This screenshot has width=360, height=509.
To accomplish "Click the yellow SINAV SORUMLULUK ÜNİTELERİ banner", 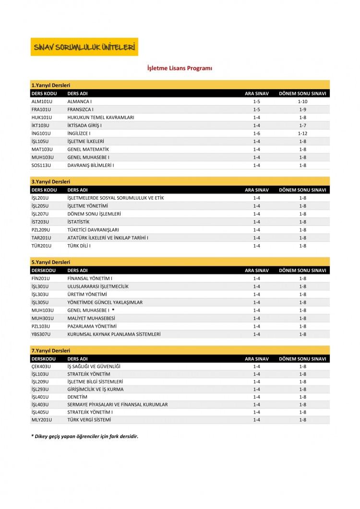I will (84, 47).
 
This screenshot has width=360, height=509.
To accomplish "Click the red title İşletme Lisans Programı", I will (180, 69).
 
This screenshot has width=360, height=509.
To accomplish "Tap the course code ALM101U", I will (41, 102).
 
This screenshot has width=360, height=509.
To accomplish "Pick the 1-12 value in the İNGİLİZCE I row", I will (302, 133).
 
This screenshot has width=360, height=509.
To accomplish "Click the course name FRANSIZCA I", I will (80, 109).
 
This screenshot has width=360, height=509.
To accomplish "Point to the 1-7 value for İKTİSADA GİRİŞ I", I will (302, 125).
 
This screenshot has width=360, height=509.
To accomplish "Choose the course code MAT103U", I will (42, 149).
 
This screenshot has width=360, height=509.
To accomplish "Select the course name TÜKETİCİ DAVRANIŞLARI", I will (93, 230).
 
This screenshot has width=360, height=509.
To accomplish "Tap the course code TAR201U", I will (42, 238).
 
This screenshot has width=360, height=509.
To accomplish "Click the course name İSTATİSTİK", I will (79, 222).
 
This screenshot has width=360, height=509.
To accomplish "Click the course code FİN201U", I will (41, 278).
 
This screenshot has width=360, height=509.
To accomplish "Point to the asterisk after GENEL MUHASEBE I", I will (113, 310).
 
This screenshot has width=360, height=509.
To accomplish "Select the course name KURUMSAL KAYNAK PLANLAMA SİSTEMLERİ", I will (114, 334).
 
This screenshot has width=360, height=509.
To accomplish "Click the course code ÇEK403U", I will (41, 367).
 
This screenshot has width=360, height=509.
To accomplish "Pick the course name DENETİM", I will (77, 397).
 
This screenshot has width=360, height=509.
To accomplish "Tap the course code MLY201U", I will (41, 420).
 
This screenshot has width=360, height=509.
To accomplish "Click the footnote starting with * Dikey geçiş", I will (81, 436).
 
